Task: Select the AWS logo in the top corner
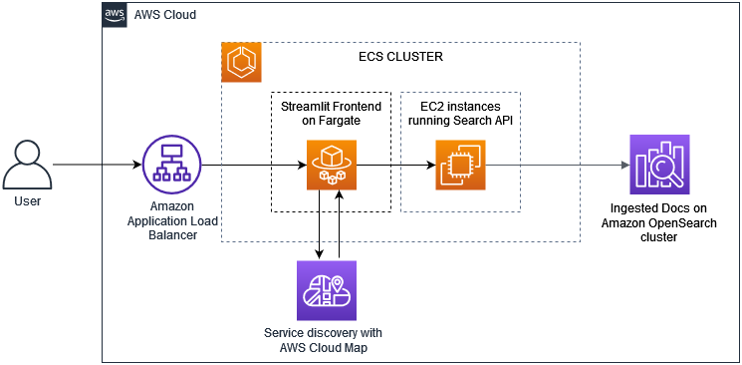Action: tap(116, 14)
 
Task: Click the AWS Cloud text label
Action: tap(166, 16)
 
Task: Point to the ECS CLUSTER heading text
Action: tap(400, 57)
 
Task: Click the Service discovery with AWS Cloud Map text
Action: tap(326, 339)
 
